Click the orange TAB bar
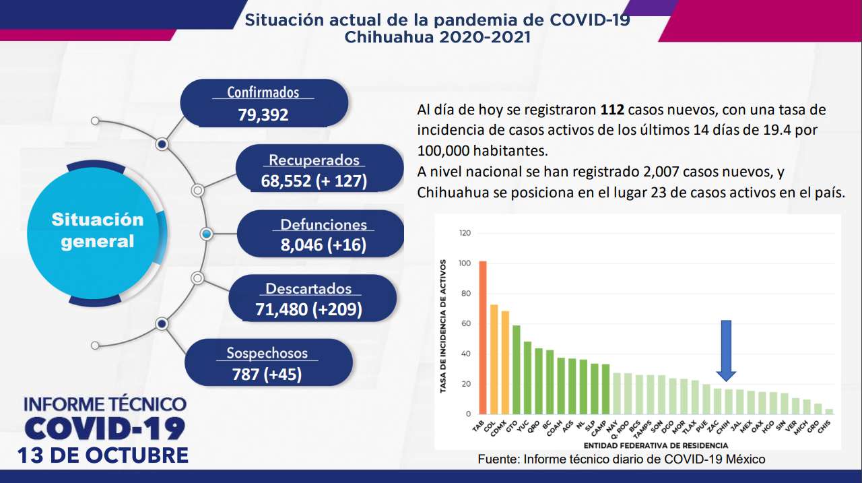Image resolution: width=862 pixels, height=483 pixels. click(483, 337)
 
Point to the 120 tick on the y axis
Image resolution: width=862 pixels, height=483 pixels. click(465, 233)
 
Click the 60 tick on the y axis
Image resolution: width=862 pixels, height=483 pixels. click(466, 324)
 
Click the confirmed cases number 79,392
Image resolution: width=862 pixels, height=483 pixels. click(263, 115)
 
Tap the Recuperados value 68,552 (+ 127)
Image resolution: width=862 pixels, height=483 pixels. click(314, 181)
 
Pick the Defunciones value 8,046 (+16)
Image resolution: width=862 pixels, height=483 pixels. click(323, 245)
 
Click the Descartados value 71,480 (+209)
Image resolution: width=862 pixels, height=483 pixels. click(308, 309)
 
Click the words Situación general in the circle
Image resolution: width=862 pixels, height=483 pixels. click(98, 230)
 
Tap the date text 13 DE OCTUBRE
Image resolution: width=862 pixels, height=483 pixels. click(104, 455)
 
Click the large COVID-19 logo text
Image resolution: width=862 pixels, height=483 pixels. click(104, 428)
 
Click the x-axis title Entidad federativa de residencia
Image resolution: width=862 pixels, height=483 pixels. click(655, 445)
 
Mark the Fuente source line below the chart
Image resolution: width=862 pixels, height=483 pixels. click(622, 459)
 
